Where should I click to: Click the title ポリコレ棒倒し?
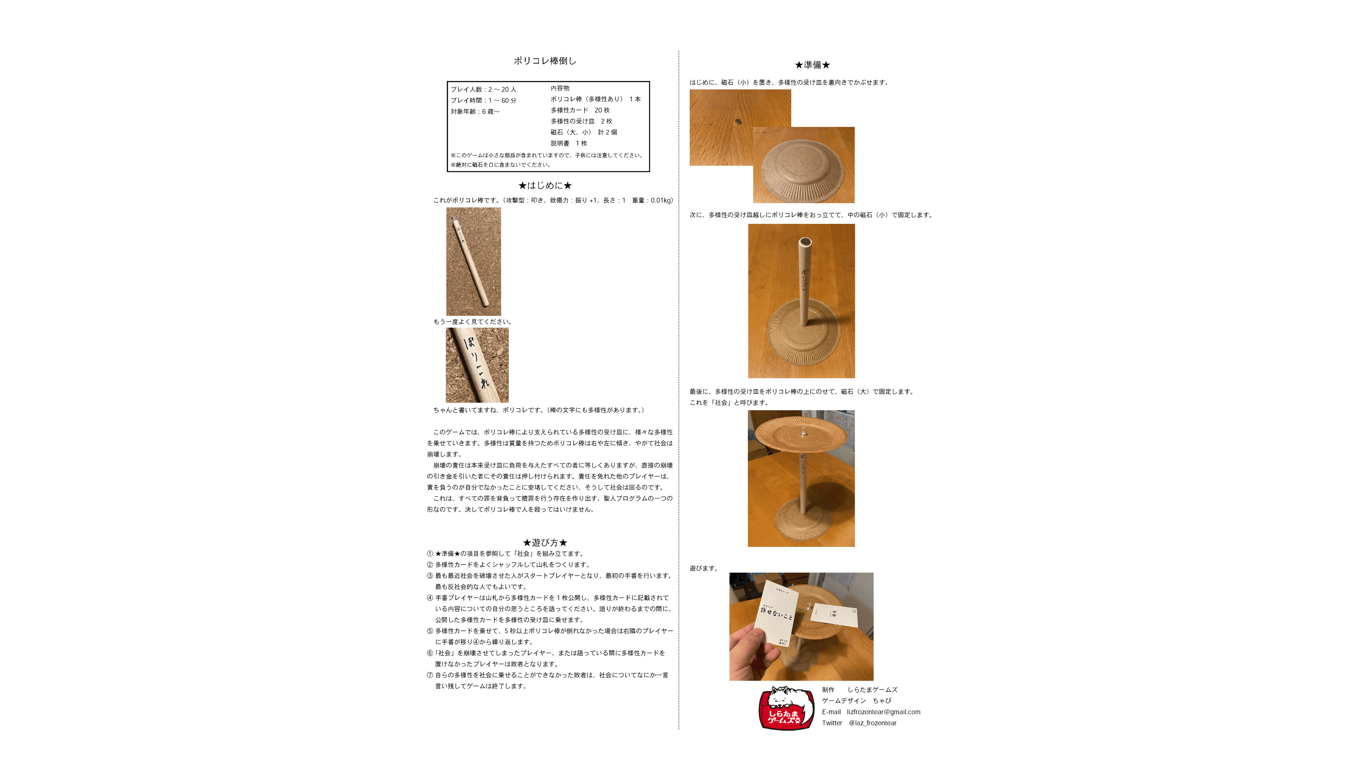pyautogui.click(x=545, y=61)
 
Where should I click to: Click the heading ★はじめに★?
pyautogui.click(x=545, y=186)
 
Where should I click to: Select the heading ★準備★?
pyautogui.click(x=812, y=65)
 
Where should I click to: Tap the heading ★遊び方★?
pyautogui.click(x=545, y=543)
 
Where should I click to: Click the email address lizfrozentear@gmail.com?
pyautogui.click(x=884, y=712)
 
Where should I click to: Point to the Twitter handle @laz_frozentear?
pyautogui.click(x=873, y=723)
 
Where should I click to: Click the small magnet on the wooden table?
pyautogui.click(x=739, y=121)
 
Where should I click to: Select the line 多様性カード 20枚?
pyautogui.click(x=580, y=110)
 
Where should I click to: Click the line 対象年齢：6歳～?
pyautogui.click(x=475, y=112)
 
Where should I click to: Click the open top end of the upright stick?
pyautogui.click(x=805, y=242)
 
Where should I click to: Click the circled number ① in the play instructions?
pyautogui.click(x=430, y=554)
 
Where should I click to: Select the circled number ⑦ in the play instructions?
pyautogui.click(x=430, y=675)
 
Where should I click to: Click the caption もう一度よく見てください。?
pyautogui.click(x=472, y=322)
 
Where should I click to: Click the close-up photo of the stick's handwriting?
pyautogui.click(x=477, y=365)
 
